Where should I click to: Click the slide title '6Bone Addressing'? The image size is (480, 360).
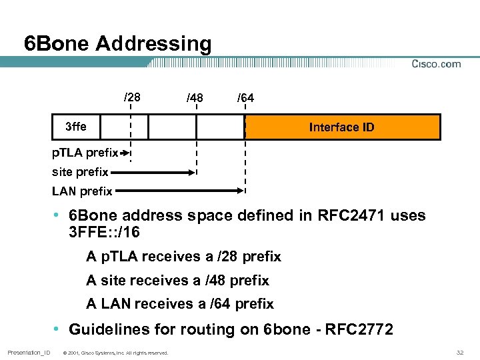click(117, 44)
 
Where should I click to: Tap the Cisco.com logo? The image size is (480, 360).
click(436, 64)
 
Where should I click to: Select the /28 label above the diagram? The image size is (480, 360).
click(131, 97)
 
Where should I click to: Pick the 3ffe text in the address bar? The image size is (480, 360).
click(75, 126)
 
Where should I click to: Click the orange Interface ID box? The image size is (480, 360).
click(342, 127)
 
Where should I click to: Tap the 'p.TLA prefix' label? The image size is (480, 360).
click(85, 153)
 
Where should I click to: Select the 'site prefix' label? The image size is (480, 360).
click(80, 172)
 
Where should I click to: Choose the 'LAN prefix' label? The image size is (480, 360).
click(82, 192)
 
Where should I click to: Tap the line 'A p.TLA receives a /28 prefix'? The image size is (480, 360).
click(183, 257)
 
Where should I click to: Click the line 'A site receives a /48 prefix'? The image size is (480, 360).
click(177, 280)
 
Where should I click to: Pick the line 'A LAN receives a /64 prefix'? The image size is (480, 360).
click(180, 304)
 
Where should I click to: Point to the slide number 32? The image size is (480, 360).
click(460, 352)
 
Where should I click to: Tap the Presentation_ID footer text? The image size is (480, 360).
click(29, 352)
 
